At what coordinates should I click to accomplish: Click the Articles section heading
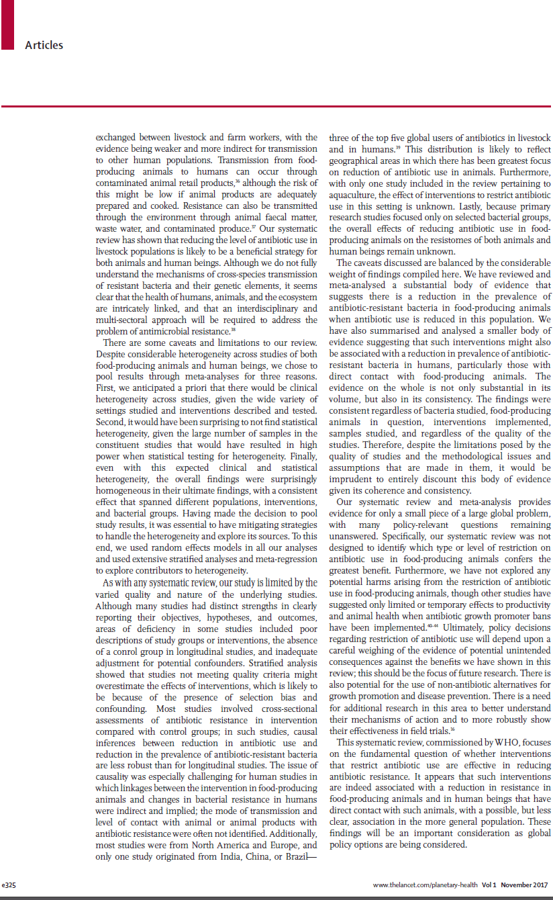pos(44,45)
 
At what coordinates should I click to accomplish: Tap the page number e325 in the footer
pos(9,886)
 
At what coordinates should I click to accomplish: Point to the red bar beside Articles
pos(7,24)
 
